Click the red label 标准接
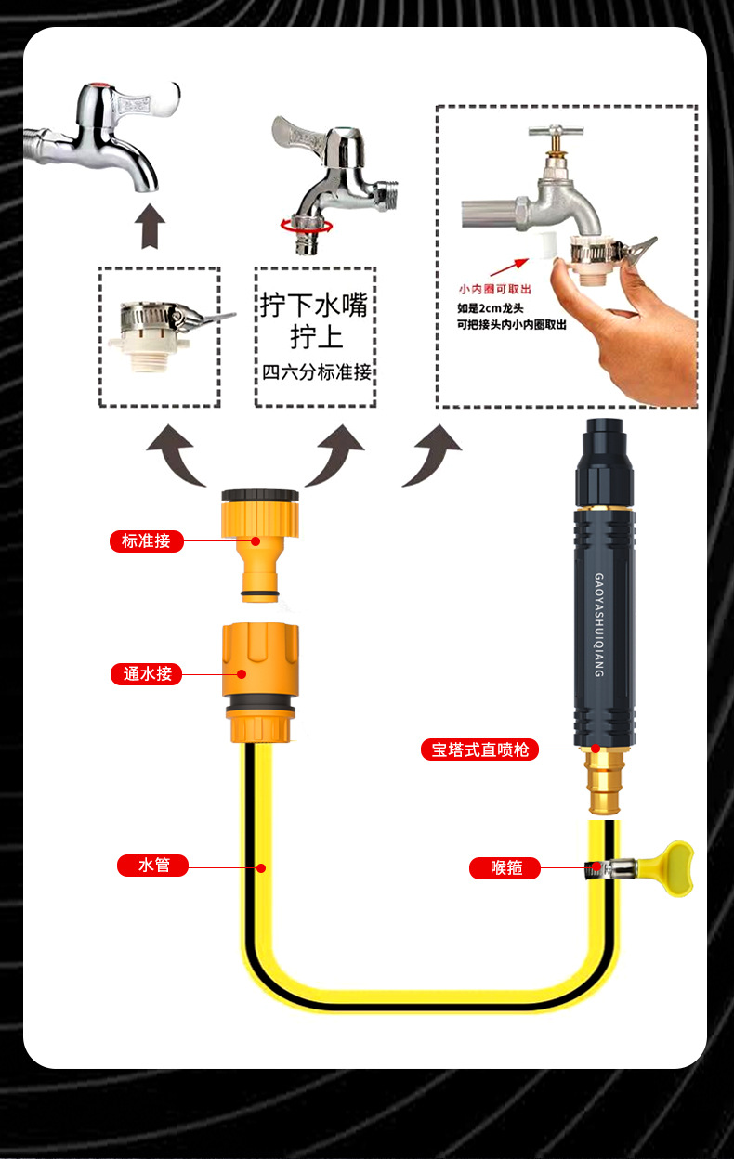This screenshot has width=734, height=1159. [146, 540]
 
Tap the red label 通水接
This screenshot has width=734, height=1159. [147, 674]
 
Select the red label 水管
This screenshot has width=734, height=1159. [153, 866]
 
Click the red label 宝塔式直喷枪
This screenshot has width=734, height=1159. [479, 749]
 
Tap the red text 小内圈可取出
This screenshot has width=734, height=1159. [493, 289]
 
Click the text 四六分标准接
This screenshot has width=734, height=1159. [316, 373]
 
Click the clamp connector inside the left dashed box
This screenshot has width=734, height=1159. [158, 330]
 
